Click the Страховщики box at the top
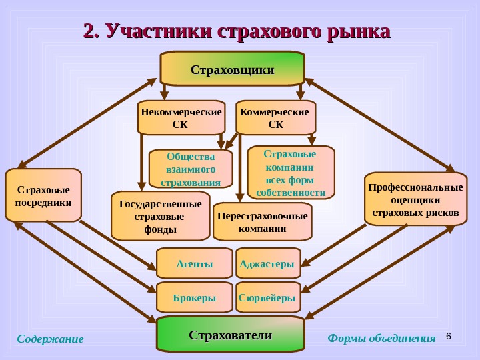click(232, 69)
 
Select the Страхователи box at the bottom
click(230, 335)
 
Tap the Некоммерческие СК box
click(181, 118)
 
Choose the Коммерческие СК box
click(275, 118)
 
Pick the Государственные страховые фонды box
click(160, 216)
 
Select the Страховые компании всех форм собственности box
click(291, 173)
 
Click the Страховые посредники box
click(43, 195)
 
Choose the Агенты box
click(195, 264)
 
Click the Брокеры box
click(195, 298)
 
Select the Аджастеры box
click(267, 264)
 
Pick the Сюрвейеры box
click(267, 298)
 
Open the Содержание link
click(50, 339)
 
